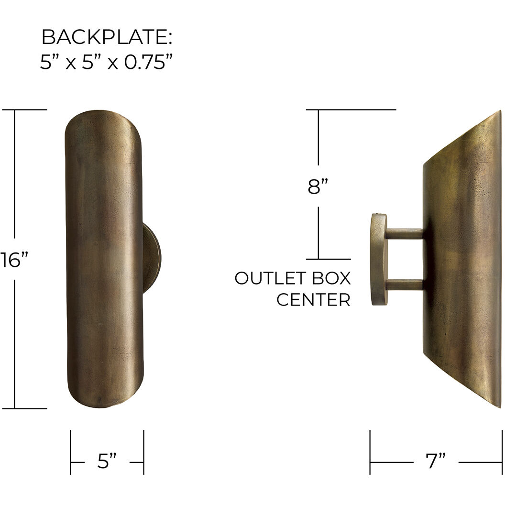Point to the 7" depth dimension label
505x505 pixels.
(435, 461)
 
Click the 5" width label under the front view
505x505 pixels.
(107, 461)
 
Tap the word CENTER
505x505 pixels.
(313, 300)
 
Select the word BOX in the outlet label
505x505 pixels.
(329, 278)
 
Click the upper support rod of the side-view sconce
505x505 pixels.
(404, 234)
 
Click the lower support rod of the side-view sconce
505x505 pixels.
(404, 285)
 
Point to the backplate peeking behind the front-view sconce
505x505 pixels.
(153, 259)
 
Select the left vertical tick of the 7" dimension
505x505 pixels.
(370, 452)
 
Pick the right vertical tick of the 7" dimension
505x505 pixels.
(502, 452)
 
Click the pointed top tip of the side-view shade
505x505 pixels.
(499, 113)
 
